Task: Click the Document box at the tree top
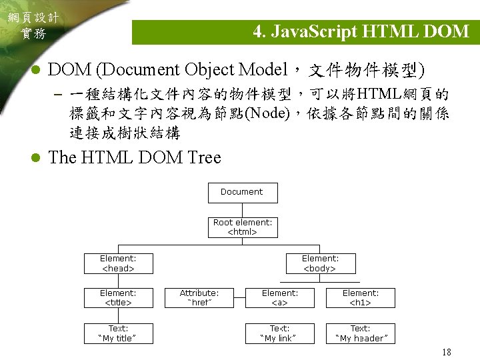click(x=242, y=192)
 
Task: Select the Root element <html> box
click(x=242, y=227)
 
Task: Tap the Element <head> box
click(x=118, y=263)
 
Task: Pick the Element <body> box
click(x=320, y=263)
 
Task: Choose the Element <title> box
click(x=118, y=298)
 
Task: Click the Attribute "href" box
click(x=199, y=298)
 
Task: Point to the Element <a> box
click(x=279, y=298)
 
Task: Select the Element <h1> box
click(x=360, y=298)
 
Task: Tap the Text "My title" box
click(x=118, y=333)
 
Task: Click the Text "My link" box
click(x=279, y=333)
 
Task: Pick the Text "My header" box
click(x=360, y=333)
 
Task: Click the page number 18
click(x=445, y=351)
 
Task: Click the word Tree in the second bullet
click(x=204, y=158)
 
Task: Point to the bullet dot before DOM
click(x=37, y=70)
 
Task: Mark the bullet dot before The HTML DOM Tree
click(x=37, y=159)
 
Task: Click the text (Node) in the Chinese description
click(x=267, y=113)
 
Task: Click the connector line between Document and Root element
click(x=242, y=209)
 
